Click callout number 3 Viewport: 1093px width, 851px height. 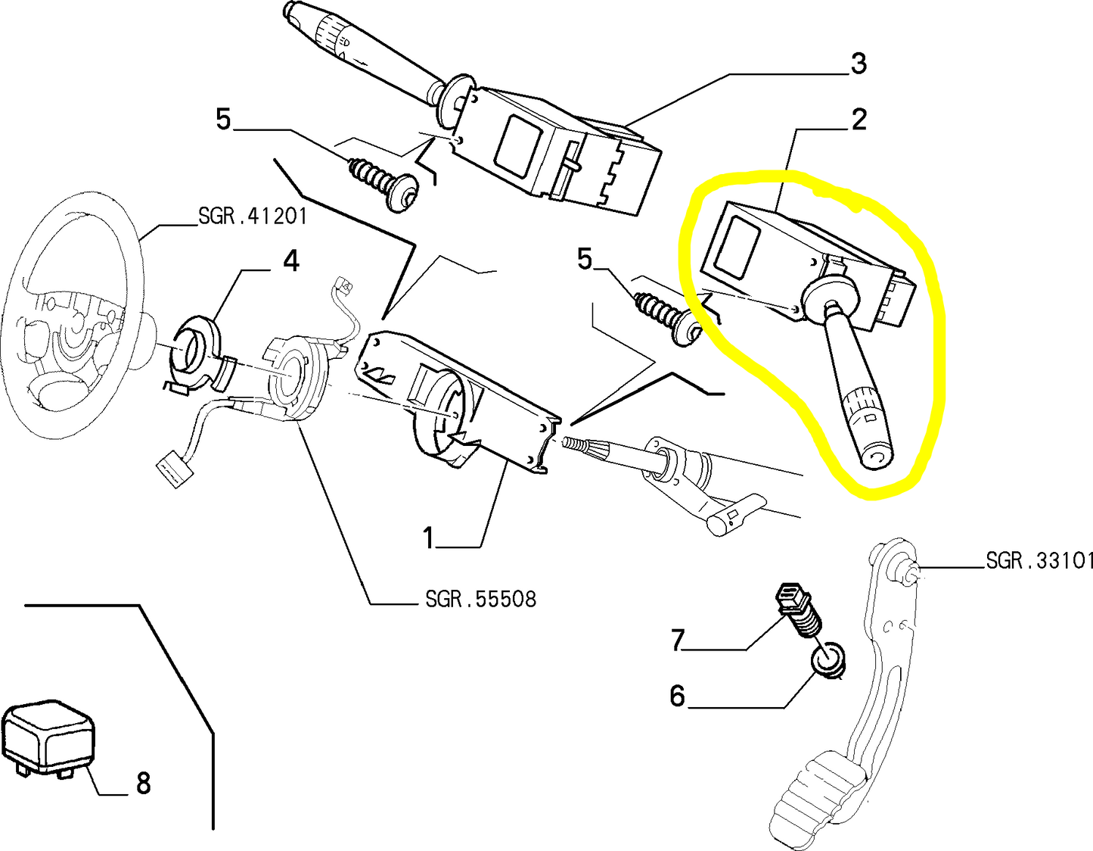click(858, 64)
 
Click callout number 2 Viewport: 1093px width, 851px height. click(859, 120)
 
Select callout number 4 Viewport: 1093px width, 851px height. click(290, 261)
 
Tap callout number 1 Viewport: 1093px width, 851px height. click(429, 538)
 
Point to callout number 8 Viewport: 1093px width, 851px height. click(143, 783)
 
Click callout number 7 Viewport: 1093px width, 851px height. click(677, 641)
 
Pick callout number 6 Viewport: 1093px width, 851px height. click(677, 695)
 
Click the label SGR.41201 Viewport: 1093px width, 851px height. click(253, 217)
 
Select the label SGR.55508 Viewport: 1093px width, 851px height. click(480, 600)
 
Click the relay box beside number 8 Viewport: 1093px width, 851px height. click(49, 737)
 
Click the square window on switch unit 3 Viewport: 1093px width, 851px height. click(517, 142)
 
